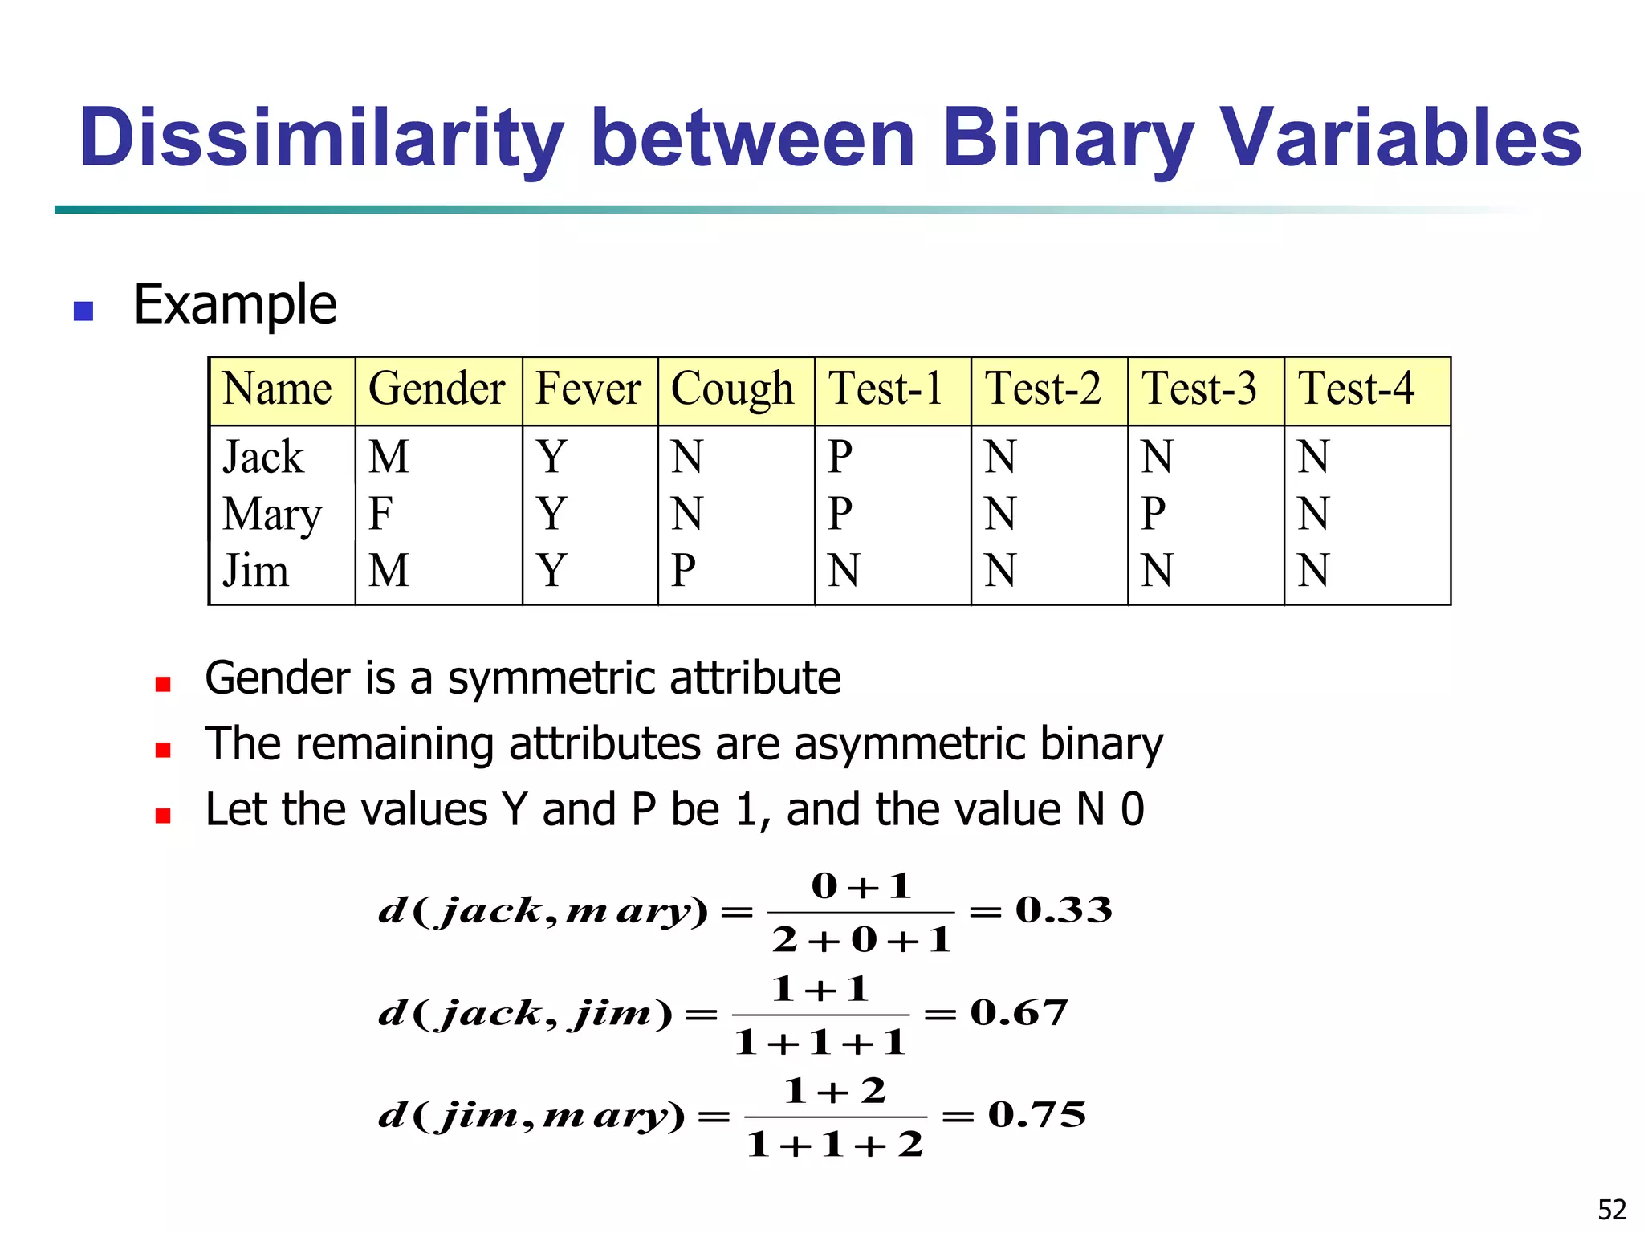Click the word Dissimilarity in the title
(321, 138)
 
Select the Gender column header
(437, 390)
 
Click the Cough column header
(732, 390)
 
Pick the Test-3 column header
(1199, 389)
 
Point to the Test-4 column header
(1356, 389)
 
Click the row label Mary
(272, 515)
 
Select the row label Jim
(255, 571)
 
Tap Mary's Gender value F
(380, 514)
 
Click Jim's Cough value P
(683, 571)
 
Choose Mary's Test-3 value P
(1154, 514)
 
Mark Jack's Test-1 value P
(840, 457)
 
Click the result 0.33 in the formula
(1064, 910)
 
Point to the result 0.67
(1019, 1013)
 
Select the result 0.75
(1037, 1115)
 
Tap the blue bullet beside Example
(83, 311)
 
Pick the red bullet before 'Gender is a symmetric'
(163, 684)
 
